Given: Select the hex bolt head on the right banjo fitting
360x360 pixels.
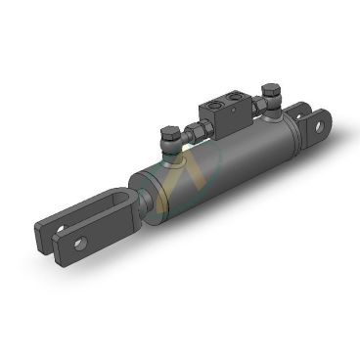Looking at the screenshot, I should tap(270, 89).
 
